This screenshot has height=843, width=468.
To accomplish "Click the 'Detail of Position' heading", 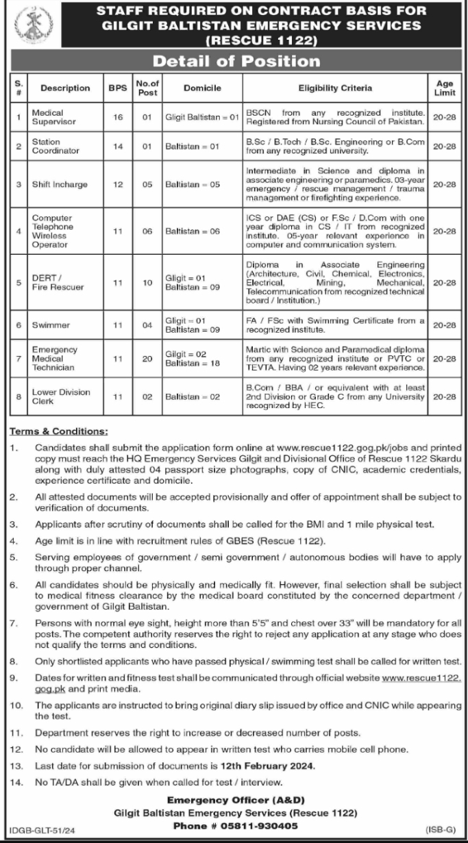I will pos(236,61).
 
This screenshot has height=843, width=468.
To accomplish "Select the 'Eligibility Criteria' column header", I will pos(335,88).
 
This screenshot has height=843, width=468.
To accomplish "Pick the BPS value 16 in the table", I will pos(117,117).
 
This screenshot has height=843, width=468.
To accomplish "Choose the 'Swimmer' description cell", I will pos(47,325).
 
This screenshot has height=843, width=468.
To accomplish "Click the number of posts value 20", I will pos(147,358).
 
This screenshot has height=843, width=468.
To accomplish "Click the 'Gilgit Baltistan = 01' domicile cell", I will pos(201,117).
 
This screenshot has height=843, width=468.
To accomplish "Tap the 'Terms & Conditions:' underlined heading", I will pos(58,431).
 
